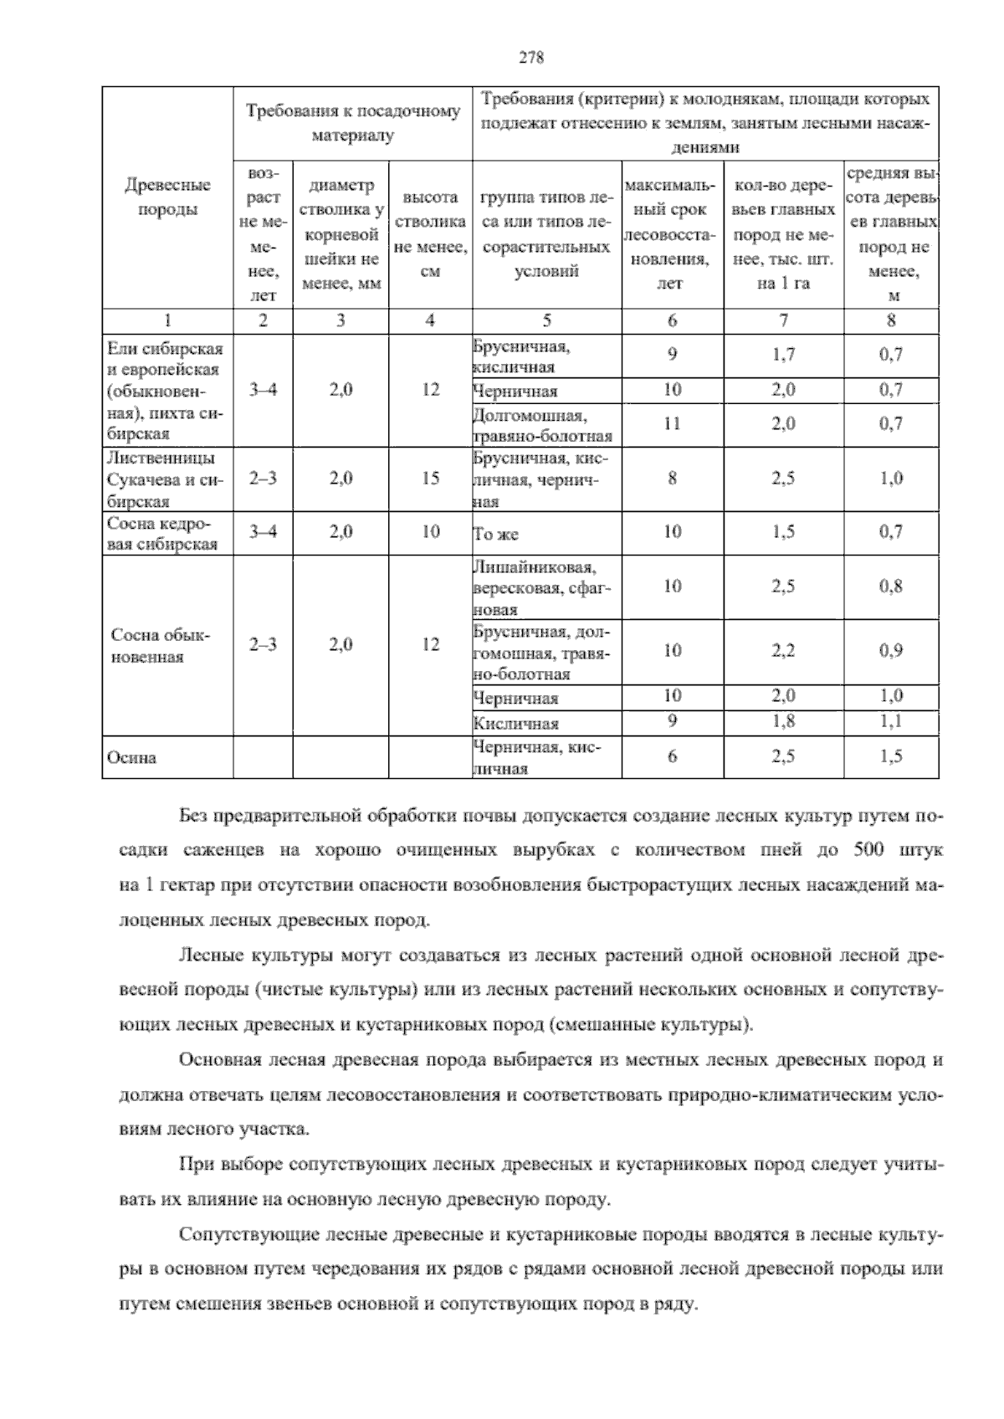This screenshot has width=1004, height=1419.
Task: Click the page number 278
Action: (x=531, y=58)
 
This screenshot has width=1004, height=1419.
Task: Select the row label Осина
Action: (x=131, y=758)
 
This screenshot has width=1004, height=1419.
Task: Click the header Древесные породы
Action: (x=167, y=197)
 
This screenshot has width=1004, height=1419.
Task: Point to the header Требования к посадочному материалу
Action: (x=352, y=122)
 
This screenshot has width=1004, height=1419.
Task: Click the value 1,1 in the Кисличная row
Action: (x=891, y=721)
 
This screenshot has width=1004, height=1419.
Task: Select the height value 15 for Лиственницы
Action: (x=430, y=479)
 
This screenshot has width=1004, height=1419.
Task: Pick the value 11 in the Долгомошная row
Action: (x=672, y=423)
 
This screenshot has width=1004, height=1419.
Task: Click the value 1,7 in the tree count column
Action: (x=783, y=355)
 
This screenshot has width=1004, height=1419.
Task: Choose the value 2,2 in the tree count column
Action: (x=783, y=650)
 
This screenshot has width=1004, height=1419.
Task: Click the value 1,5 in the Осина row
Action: (x=891, y=756)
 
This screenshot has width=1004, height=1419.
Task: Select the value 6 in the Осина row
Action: (x=672, y=756)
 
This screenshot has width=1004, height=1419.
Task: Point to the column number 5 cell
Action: (x=546, y=320)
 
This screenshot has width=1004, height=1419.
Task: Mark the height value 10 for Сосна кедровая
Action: (x=430, y=531)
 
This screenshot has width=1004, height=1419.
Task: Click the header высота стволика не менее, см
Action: (x=430, y=234)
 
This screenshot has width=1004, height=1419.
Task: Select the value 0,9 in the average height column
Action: (x=891, y=650)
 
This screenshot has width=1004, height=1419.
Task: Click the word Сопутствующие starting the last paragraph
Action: (x=235, y=1235)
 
